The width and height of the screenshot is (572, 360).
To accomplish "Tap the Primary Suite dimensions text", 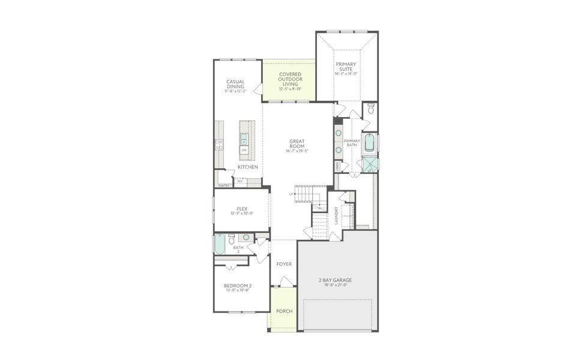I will point(346,74).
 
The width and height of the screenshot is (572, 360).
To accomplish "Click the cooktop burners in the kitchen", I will point(219,145).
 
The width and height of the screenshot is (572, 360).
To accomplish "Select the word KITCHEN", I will point(247,167).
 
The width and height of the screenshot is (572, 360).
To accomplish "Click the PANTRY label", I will point(224,185).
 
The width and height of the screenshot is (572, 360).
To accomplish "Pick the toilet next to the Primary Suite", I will point(371,109).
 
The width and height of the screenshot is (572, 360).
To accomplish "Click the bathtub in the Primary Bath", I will point(370,144).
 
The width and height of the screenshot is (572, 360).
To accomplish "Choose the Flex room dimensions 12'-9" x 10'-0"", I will point(242,214).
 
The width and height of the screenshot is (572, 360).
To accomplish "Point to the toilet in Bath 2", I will point(232,239).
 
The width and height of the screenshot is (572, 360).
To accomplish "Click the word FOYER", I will point(283,264).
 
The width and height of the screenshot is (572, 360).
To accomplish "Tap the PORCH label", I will point(283,311).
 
